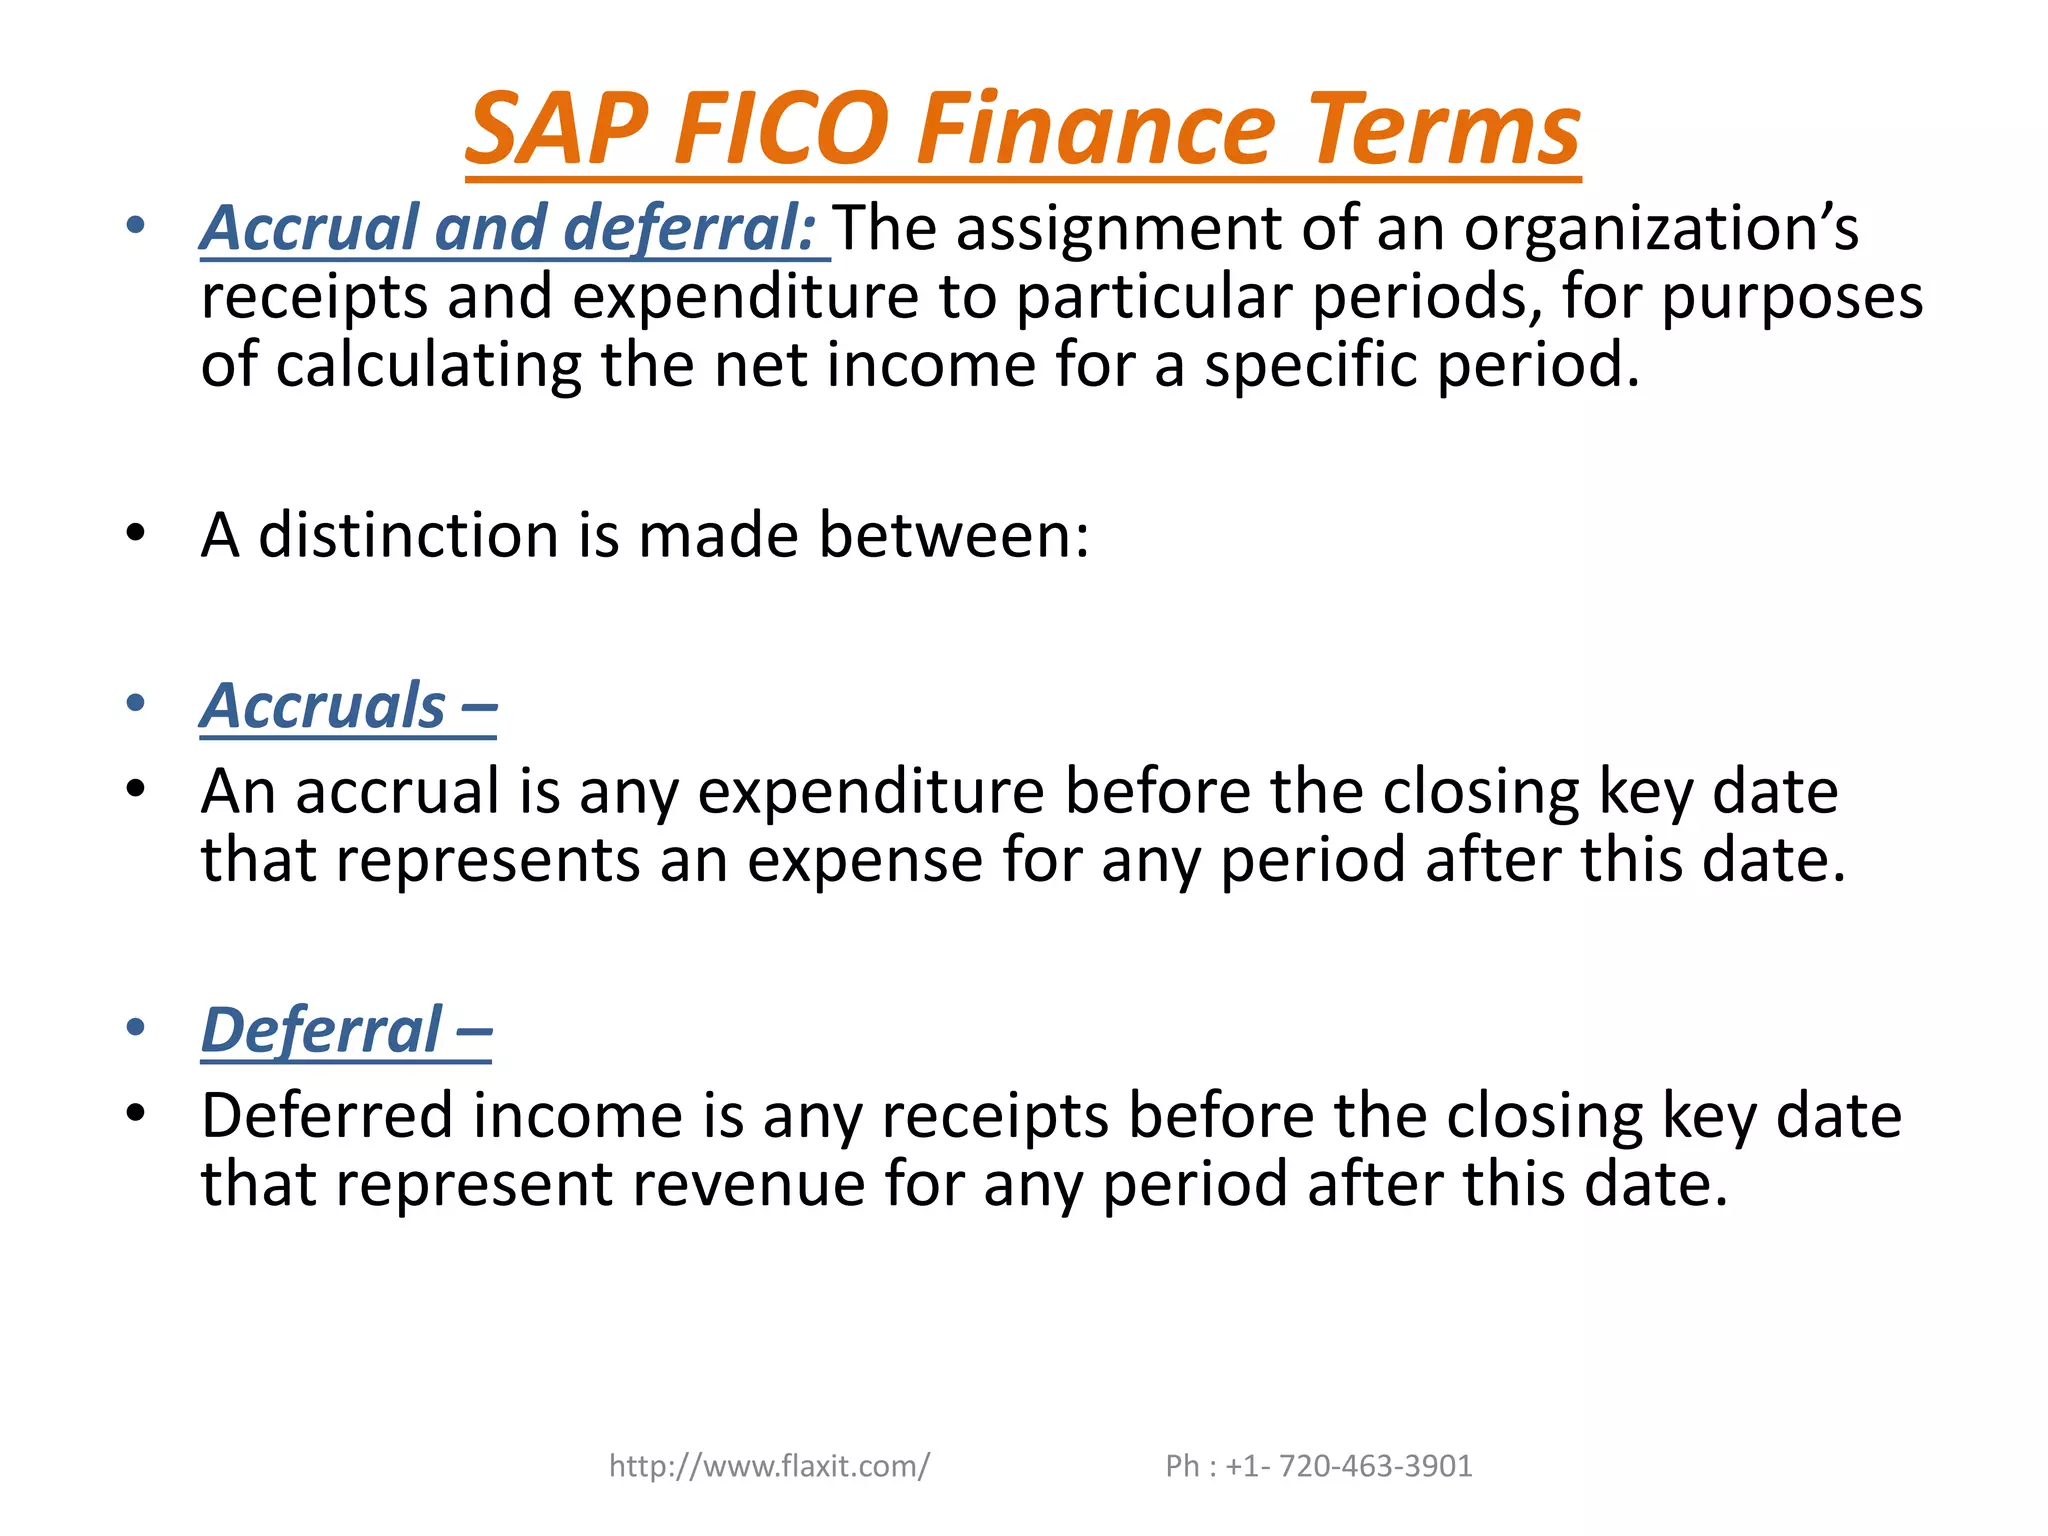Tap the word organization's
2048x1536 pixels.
click(1660, 228)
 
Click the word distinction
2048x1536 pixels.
click(408, 535)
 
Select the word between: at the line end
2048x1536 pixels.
click(954, 535)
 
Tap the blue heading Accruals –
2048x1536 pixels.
click(348, 706)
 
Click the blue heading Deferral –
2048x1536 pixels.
click(346, 1030)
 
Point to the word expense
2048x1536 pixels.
click(865, 860)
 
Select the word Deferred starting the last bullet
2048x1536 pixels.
click(326, 1116)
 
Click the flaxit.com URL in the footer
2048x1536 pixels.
click(769, 1466)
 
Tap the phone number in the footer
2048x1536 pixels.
click(1319, 1466)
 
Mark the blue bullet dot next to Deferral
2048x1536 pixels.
click(136, 1027)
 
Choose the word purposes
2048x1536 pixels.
click(1791, 297)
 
